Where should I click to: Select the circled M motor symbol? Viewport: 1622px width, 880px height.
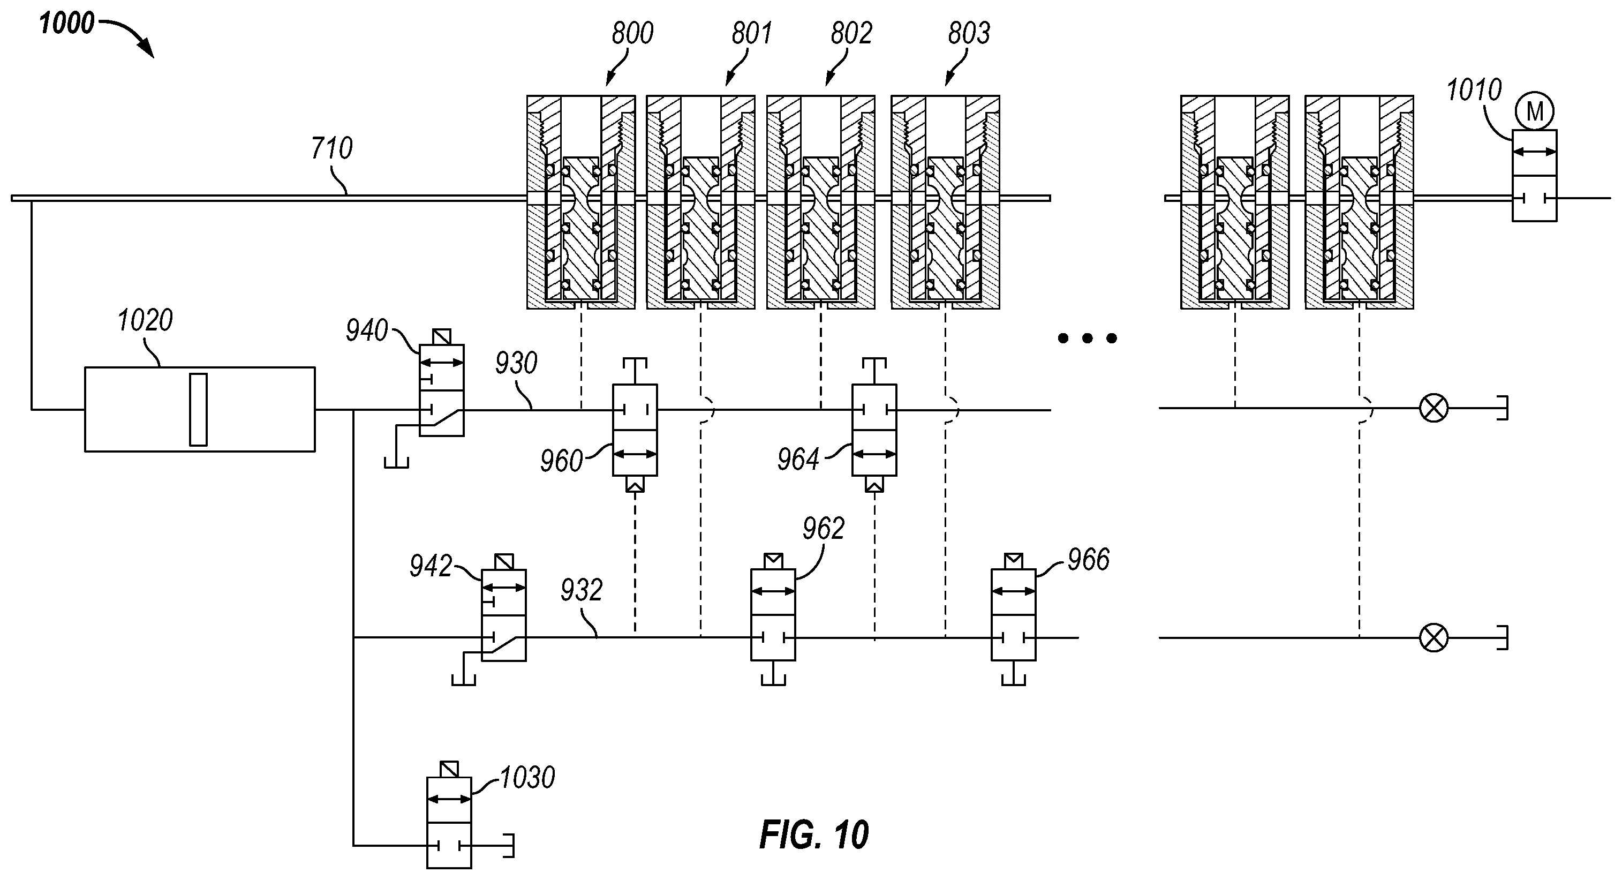(1535, 112)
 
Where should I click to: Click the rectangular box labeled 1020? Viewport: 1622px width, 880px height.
(200, 409)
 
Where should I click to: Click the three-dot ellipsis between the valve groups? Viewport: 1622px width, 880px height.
(1088, 339)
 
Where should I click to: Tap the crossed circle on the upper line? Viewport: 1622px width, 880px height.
(1434, 408)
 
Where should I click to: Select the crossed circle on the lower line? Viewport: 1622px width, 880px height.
(1434, 638)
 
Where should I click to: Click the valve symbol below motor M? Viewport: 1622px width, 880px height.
(1535, 176)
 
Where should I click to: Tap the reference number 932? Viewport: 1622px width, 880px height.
(581, 591)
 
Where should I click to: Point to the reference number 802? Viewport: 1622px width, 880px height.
(851, 33)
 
